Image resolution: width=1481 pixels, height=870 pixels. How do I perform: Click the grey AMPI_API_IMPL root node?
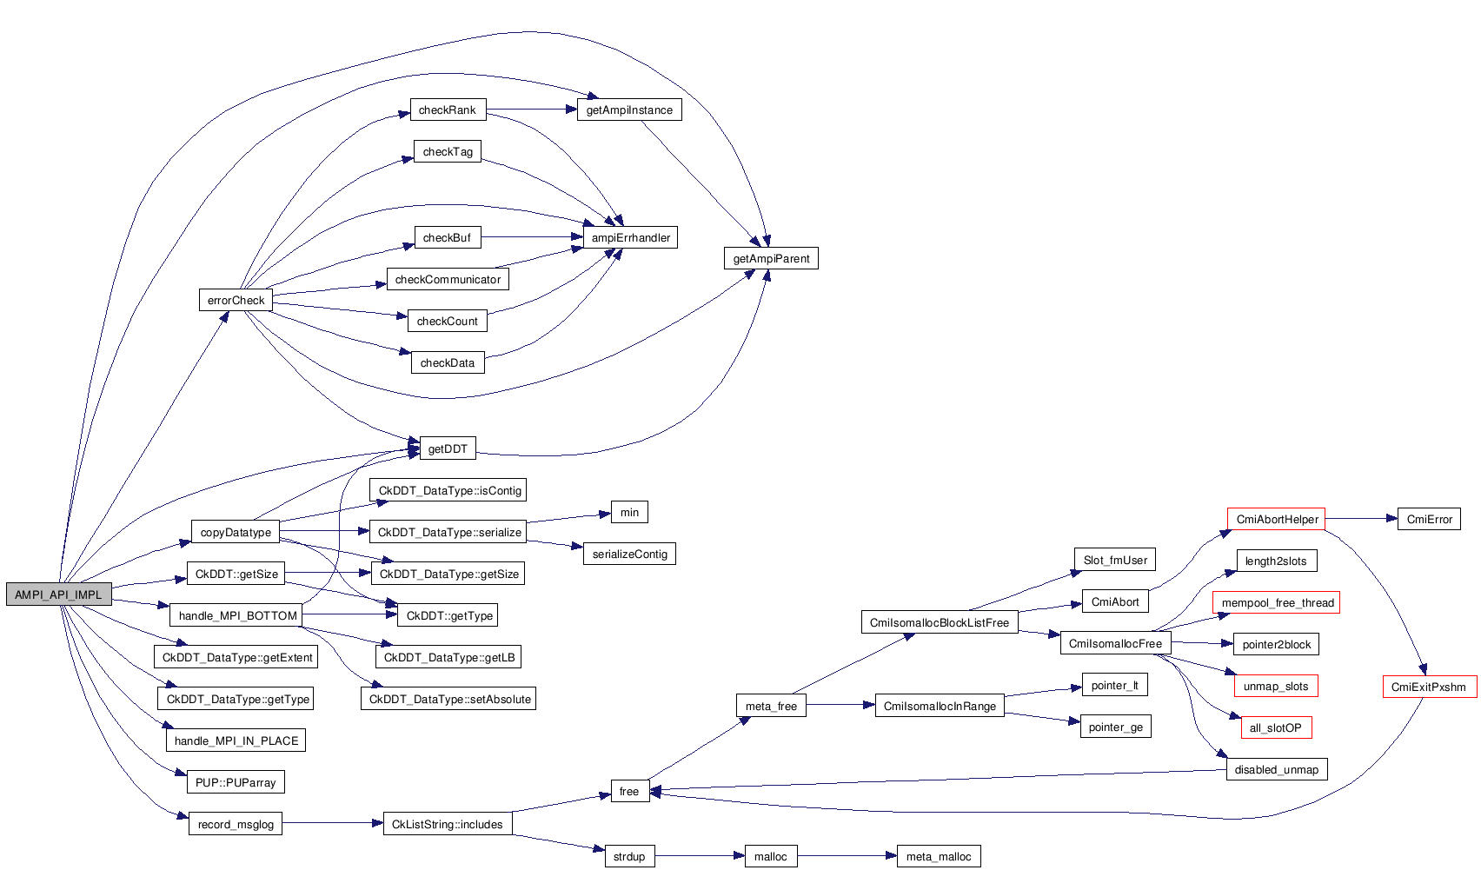click(x=58, y=594)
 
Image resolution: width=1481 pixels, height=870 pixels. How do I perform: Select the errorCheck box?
click(x=236, y=300)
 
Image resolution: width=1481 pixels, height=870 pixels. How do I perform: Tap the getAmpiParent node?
click(x=771, y=258)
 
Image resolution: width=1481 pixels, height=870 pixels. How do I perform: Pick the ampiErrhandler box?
click(x=630, y=237)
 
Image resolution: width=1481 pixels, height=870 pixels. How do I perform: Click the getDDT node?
click(x=448, y=448)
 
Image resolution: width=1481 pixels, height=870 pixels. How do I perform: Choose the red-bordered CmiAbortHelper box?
click(x=1276, y=519)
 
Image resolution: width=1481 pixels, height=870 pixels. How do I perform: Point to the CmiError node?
click(x=1429, y=519)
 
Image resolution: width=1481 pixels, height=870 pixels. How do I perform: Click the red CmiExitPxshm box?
click(x=1429, y=687)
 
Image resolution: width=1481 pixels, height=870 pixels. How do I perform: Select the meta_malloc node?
click(x=939, y=856)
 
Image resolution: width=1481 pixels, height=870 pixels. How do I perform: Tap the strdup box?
click(x=629, y=856)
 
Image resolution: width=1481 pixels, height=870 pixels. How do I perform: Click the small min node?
click(x=629, y=512)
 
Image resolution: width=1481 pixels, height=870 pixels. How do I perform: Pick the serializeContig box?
click(x=629, y=554)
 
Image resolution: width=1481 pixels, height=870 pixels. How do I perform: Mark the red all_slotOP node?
click(x=1276, y=727)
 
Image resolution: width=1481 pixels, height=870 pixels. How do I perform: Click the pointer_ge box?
click(x=1116, y=727)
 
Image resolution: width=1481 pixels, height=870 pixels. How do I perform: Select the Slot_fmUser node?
click(x=1115, y=560)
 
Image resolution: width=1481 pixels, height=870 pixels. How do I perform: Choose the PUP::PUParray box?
click(x=236, y=782)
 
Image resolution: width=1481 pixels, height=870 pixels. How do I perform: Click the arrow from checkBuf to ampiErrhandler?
click(x=532, y=237)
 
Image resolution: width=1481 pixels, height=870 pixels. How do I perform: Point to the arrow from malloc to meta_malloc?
click(x=847, y=856)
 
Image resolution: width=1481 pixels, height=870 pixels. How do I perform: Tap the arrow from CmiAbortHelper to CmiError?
click(x=1361, y=519)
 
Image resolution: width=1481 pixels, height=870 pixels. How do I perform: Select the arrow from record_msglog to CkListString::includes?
click(x=332, y=823)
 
